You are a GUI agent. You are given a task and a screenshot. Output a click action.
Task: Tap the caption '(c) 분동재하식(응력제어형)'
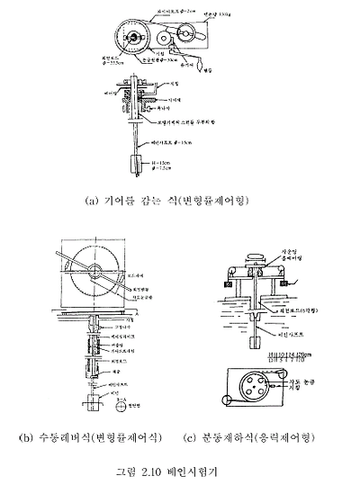coord(256,438)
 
